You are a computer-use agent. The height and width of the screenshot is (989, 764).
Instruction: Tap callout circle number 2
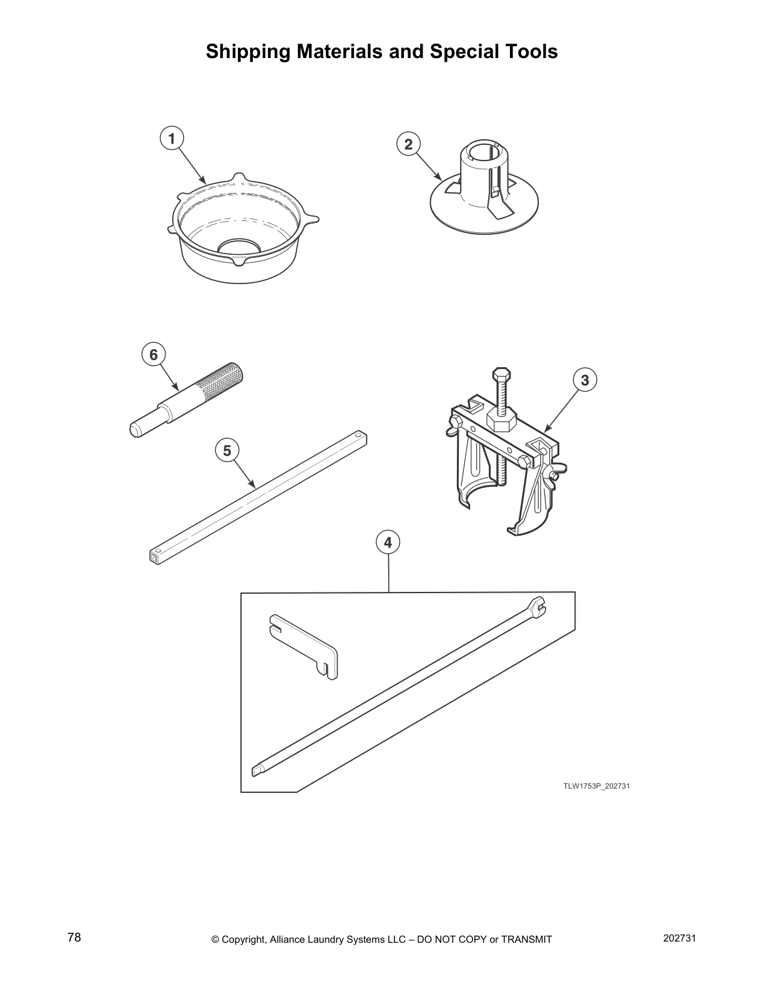point(408,144)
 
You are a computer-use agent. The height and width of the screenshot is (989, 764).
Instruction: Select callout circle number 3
point(585,380)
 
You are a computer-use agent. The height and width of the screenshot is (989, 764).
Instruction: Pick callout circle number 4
point(388,542)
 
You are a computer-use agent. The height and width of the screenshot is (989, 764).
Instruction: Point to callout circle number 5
point(227,450)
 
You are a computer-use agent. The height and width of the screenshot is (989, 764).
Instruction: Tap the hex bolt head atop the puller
point(501,375)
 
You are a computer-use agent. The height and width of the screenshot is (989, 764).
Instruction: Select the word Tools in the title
point(529,51)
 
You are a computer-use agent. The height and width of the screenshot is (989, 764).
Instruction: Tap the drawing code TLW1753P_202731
point(597,786)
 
